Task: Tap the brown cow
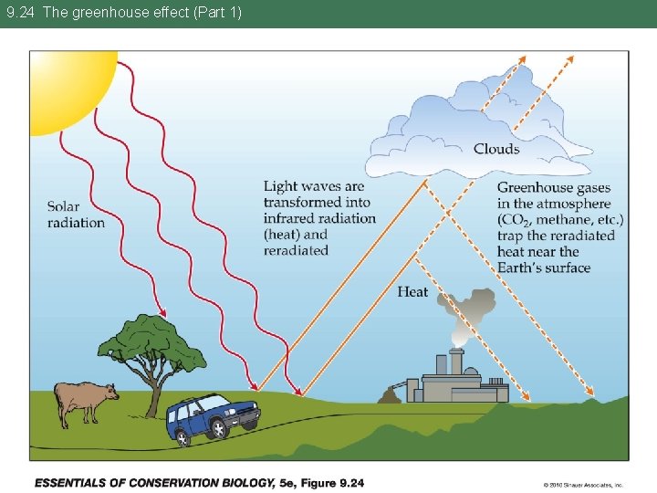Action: (85, 400)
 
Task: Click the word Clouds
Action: (496, 149)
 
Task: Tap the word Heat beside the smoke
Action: (412, 292)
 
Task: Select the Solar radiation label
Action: (76, 215)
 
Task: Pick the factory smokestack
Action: (456, 362)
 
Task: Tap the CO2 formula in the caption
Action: (514, 220)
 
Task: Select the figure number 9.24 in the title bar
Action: (20, 13)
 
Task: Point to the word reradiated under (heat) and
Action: (296, 250)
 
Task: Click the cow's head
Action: (110, 393)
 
